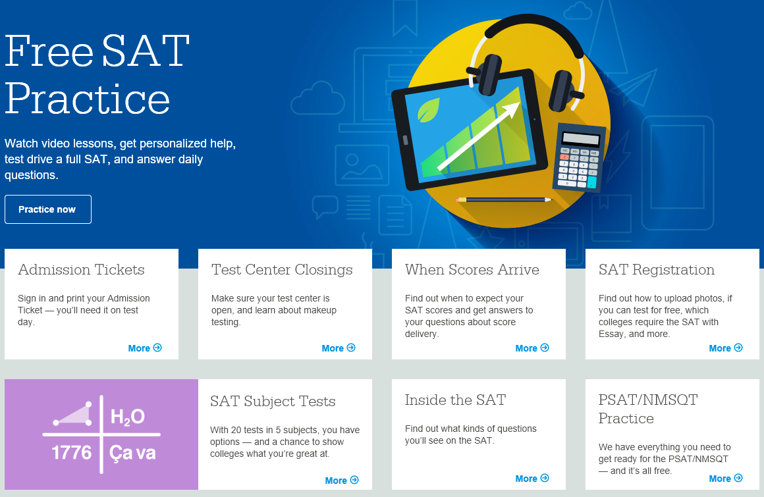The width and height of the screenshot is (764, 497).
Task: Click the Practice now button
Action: pos(47,209)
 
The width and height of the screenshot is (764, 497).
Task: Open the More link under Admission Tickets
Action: pos(145,348)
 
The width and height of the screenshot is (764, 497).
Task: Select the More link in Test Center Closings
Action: pos(338,348)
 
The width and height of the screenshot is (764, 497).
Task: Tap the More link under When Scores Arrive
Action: pos(532,348)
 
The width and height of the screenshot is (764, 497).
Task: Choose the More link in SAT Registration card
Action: pos(726,348)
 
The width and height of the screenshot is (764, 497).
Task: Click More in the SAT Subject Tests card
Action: pos(342,481)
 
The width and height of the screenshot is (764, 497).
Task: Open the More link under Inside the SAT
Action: pos(532,479)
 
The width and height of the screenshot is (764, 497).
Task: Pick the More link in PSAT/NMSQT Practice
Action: pos(726,479)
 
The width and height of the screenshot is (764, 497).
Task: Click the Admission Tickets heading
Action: pos(82,270)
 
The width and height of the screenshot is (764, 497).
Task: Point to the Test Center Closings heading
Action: pos(282,270)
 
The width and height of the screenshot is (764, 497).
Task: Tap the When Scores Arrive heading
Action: pos(472,270)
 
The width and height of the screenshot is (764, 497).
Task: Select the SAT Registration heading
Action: pos(657,270)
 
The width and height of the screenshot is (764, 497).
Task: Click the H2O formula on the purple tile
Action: pos(128,417)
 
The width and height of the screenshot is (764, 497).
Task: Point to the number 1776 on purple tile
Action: pos(72,453)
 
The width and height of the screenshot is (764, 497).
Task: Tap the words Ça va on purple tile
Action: pos(132,453)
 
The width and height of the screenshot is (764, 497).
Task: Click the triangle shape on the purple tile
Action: pos(73,415)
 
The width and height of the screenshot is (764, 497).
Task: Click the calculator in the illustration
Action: pos(580,157)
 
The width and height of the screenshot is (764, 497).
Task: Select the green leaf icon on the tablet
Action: pos(428,110)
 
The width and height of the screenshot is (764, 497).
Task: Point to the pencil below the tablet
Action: pos(504,199)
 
